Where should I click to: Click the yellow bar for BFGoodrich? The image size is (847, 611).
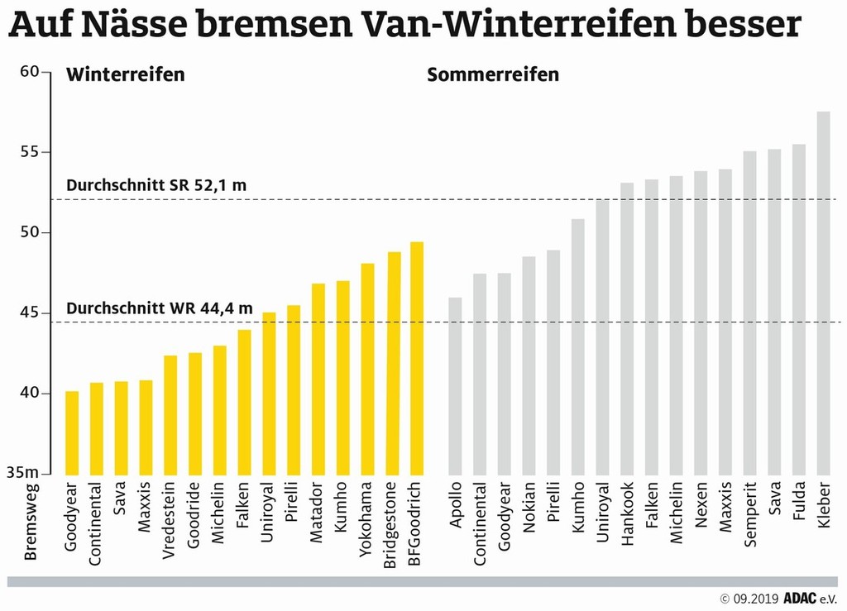click(417, 358)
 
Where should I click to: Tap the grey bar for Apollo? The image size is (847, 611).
click(455, 385)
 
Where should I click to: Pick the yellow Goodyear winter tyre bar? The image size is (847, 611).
click(72, 432)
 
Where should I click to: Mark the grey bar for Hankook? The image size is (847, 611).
click(627, 328)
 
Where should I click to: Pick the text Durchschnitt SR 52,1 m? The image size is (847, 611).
click(156, 185)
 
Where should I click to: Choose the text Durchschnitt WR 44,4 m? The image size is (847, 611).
click(158, 308)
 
